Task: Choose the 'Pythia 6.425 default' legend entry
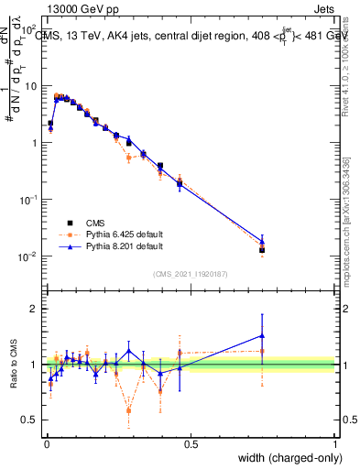[x=125, y=234]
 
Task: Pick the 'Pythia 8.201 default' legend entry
[x=125, y=247]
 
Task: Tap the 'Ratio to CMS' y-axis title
[x=14, y=365]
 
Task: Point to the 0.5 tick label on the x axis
[x=191, y=444]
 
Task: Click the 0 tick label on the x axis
[x=46, y=444]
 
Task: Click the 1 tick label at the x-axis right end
[x=335, y=444]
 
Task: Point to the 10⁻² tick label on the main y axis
[x=29, y=256]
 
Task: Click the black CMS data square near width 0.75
[x=262, y=249]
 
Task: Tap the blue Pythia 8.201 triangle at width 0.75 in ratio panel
[x=262, y=335]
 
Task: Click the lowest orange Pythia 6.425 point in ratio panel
[x=128, y=410]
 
